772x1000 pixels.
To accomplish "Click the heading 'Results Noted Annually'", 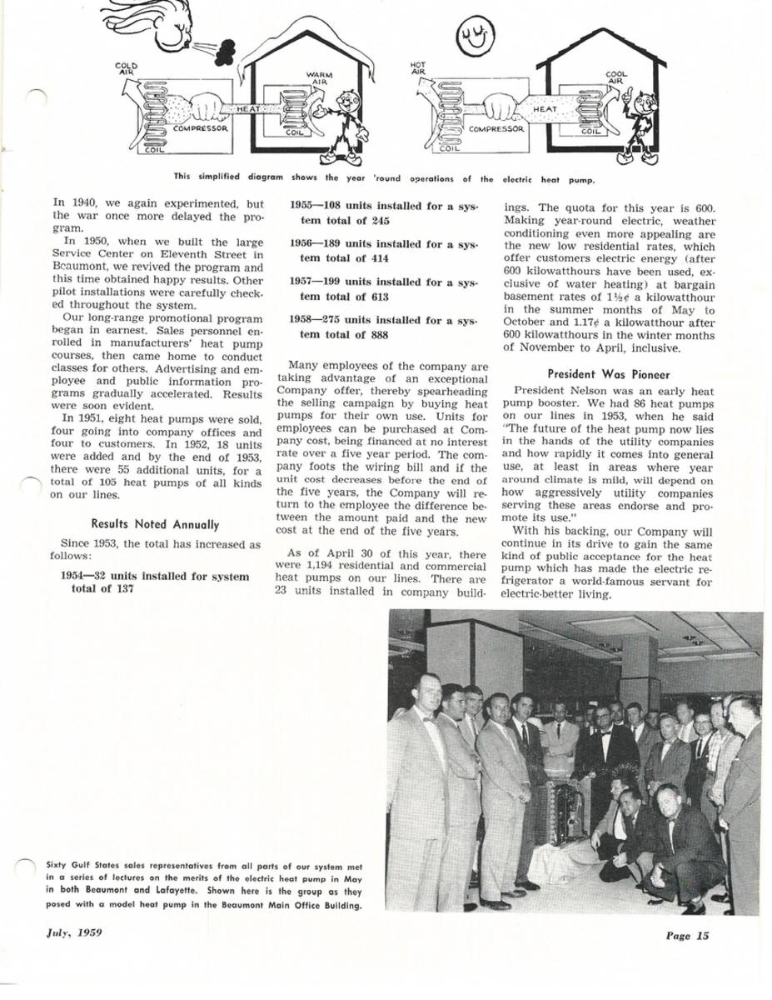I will click(x=155, y=524).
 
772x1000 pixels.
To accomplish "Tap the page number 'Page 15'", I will click(x=687, y=935).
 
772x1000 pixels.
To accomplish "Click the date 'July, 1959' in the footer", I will click(x=74, y=932).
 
